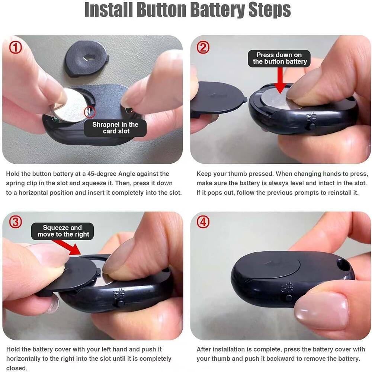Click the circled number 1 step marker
16,47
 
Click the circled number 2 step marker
203,47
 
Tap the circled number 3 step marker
15,222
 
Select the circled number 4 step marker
203,222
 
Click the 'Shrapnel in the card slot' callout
115,128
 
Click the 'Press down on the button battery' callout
280,58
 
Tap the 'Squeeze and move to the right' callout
62,231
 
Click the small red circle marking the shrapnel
90,111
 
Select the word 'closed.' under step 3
17,368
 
